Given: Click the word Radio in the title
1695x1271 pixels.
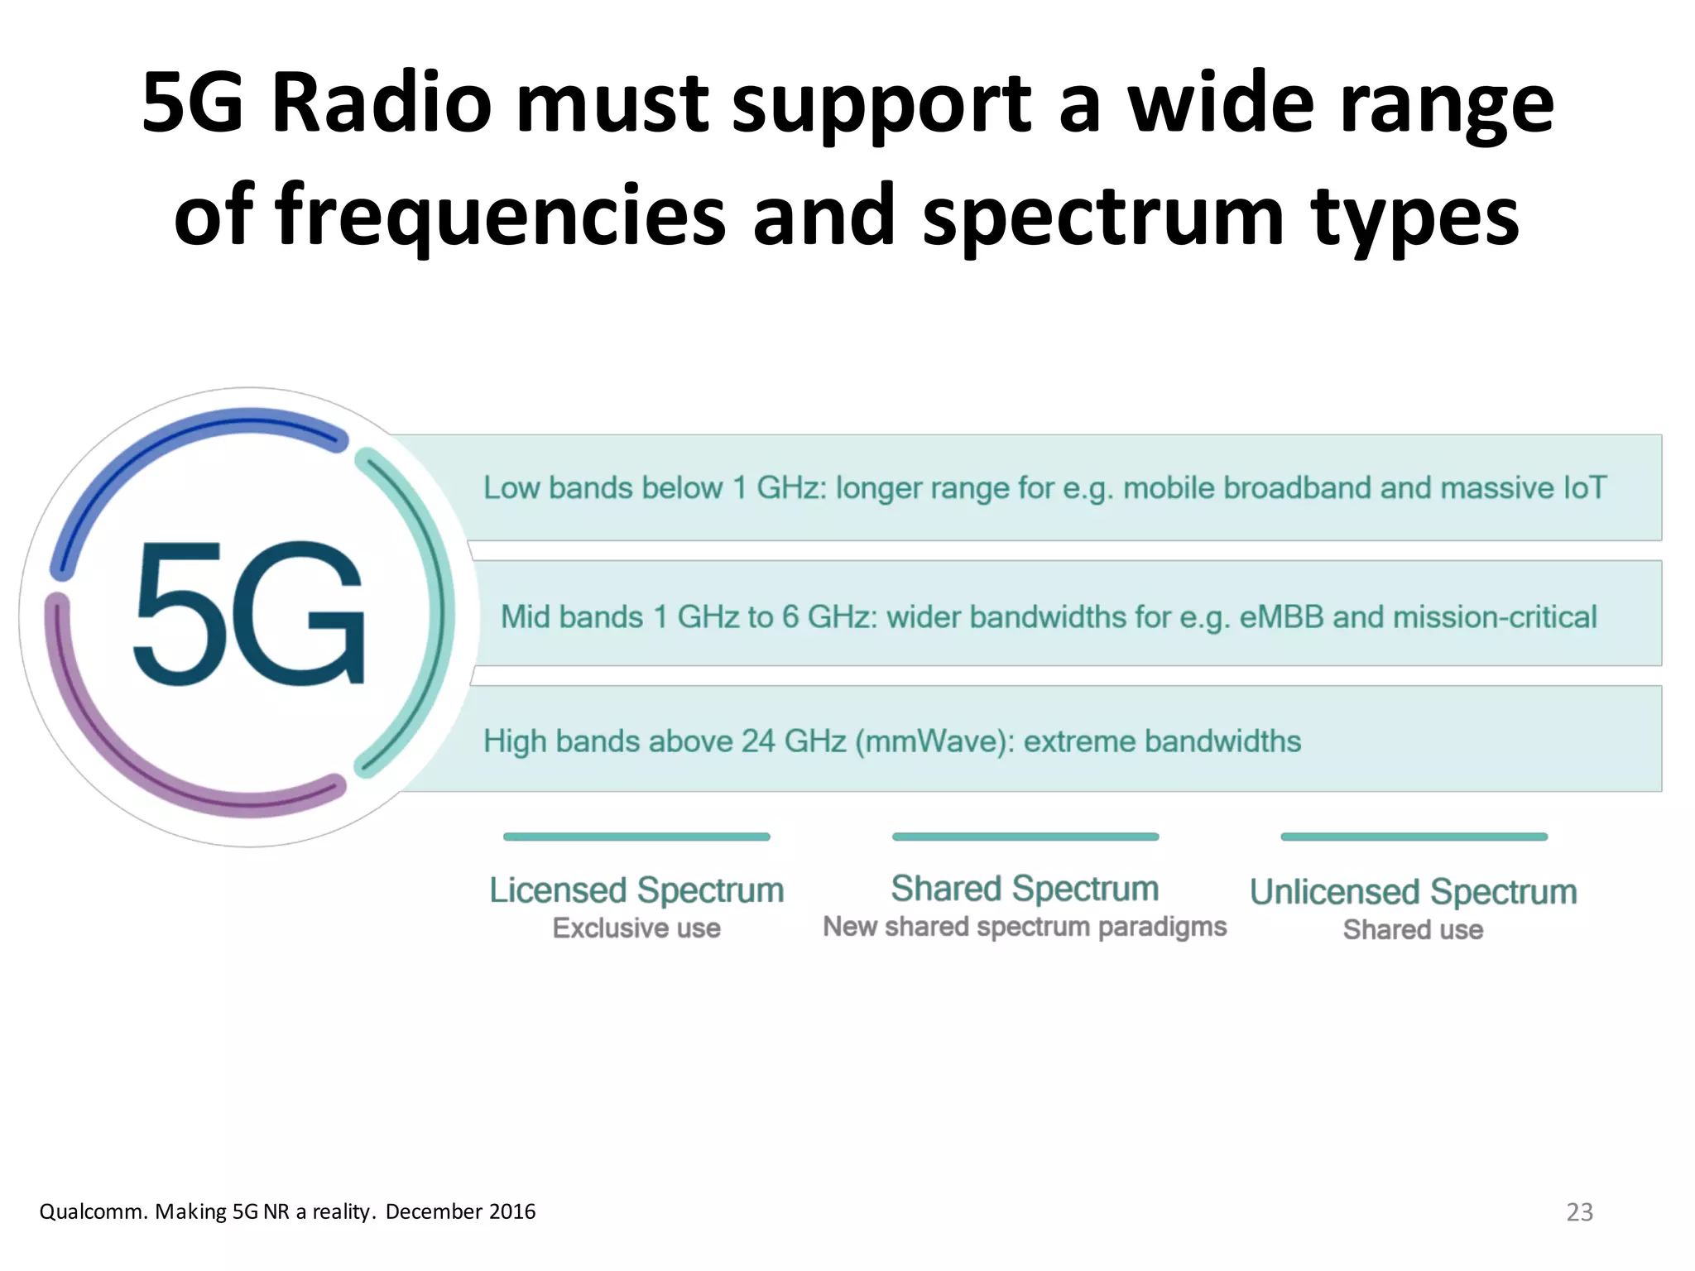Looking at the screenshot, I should pos(382,104).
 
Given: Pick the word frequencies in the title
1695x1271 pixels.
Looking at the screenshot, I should pos(500,215).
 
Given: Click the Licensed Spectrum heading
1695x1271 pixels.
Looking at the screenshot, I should pos(636,890).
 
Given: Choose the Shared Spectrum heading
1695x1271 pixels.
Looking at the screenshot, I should pos(1025,889).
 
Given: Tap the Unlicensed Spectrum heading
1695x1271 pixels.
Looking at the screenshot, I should pos(1413,892).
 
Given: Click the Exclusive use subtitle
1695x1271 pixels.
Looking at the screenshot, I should pos(636,928).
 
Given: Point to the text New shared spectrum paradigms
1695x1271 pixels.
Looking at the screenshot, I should pos(1025,927).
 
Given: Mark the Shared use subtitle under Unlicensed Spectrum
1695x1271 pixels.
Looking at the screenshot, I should pos(1413,930).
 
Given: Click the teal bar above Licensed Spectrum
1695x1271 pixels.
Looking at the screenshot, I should pos(636,837).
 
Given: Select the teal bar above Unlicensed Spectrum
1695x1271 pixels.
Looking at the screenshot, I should pos(1413,837).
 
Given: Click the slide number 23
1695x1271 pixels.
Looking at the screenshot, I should pos(1579,1212).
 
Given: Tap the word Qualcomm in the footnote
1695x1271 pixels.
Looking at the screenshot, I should pos(93,1212).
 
